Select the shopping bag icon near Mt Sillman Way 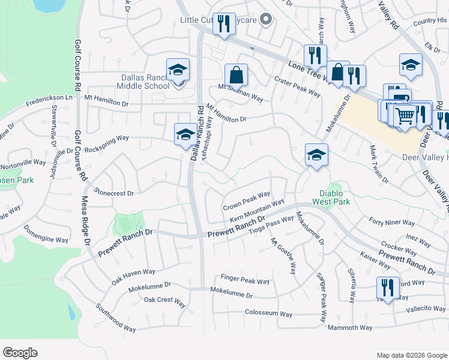click(237, 76)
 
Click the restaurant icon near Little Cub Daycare click(224, 25)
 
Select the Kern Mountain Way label click(256, 211)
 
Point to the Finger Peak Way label click(246, 280)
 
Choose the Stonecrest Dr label click(113, 194)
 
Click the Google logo click(20, 353)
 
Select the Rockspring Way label click(107, 138)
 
